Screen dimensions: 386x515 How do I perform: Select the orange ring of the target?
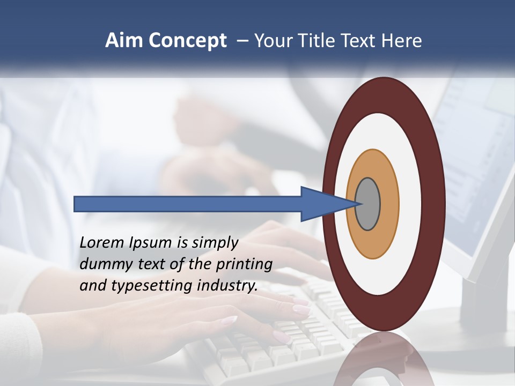388,204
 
